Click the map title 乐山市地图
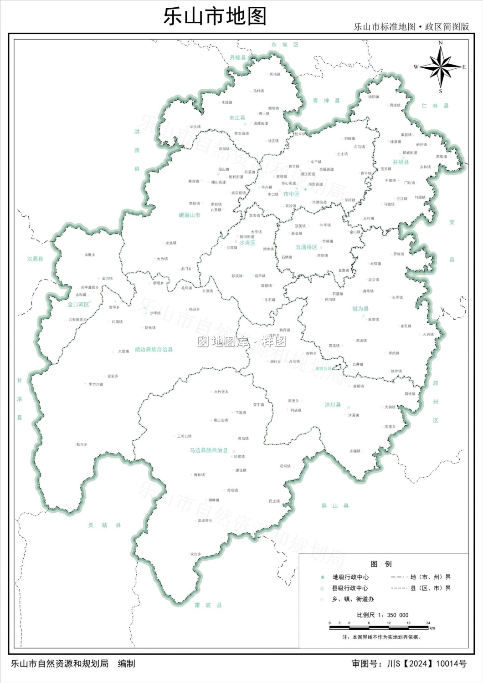point(215,16)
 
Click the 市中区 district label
point(291,194)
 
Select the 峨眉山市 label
point(189,215)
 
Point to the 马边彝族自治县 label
point(209,450)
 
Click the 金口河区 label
point(78,305)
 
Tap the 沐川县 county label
point(333,405)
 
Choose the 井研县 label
point(401,162)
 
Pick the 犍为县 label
point(360,309)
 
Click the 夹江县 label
point(237,118)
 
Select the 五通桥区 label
point(306,247)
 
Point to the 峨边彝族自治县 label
point(154,350)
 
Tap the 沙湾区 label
point(247,243)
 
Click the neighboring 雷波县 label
point(208,605)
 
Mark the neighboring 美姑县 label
point(105,525)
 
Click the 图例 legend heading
point(381,564)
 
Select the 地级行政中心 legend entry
point(350,577)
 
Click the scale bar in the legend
point(379,627)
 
